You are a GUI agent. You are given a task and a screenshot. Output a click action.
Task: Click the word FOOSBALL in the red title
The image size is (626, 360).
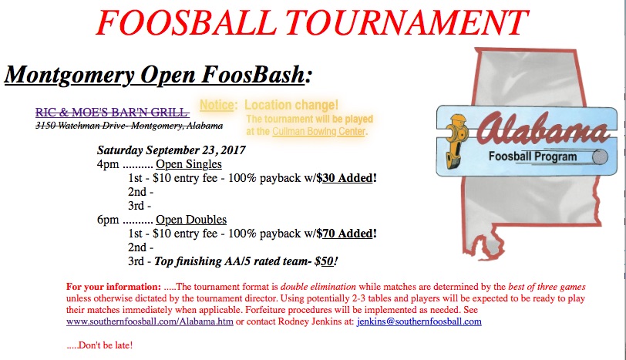[x=187, y=23]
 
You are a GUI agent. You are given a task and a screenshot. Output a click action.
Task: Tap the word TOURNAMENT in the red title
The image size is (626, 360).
[x=407, y=23]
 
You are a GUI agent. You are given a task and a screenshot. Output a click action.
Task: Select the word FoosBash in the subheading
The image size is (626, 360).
[x=253, y=74]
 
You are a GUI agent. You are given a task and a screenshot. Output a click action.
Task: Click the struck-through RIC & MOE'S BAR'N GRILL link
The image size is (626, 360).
[x=112, y=112]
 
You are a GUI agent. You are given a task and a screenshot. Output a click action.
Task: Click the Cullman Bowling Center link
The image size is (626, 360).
[x=318, y=131]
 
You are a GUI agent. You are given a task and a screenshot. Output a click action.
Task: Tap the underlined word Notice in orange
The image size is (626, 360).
[x=217, y=105]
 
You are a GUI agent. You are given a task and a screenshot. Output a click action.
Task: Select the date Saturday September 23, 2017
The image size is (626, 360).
[x=171, y=150]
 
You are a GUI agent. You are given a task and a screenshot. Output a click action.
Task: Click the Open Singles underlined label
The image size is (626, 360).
[x=188, y=164]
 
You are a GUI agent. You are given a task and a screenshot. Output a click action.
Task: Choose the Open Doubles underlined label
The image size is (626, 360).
[x=191, y=220]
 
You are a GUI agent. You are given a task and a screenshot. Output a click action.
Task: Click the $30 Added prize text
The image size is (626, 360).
[x=347, y=178]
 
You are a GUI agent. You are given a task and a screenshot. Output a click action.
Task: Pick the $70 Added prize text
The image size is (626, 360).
[x=347, y=234]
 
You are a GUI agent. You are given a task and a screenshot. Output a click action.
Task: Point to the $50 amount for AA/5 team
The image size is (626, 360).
[x=324, y=261]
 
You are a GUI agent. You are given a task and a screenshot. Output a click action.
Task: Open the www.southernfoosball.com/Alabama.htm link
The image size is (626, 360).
[x=150, y=321]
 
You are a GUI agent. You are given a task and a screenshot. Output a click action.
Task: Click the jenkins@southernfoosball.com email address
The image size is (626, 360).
[x=419, y=321]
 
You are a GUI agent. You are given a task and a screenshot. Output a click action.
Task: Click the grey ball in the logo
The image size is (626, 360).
[x=600, y=156]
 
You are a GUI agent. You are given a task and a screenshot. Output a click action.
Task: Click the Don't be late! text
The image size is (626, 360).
[x=99, y=345]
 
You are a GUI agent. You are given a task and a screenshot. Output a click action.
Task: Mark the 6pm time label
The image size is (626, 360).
[x=108, y=220]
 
